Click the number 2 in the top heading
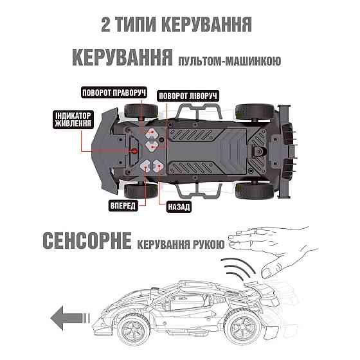point(107,24)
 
